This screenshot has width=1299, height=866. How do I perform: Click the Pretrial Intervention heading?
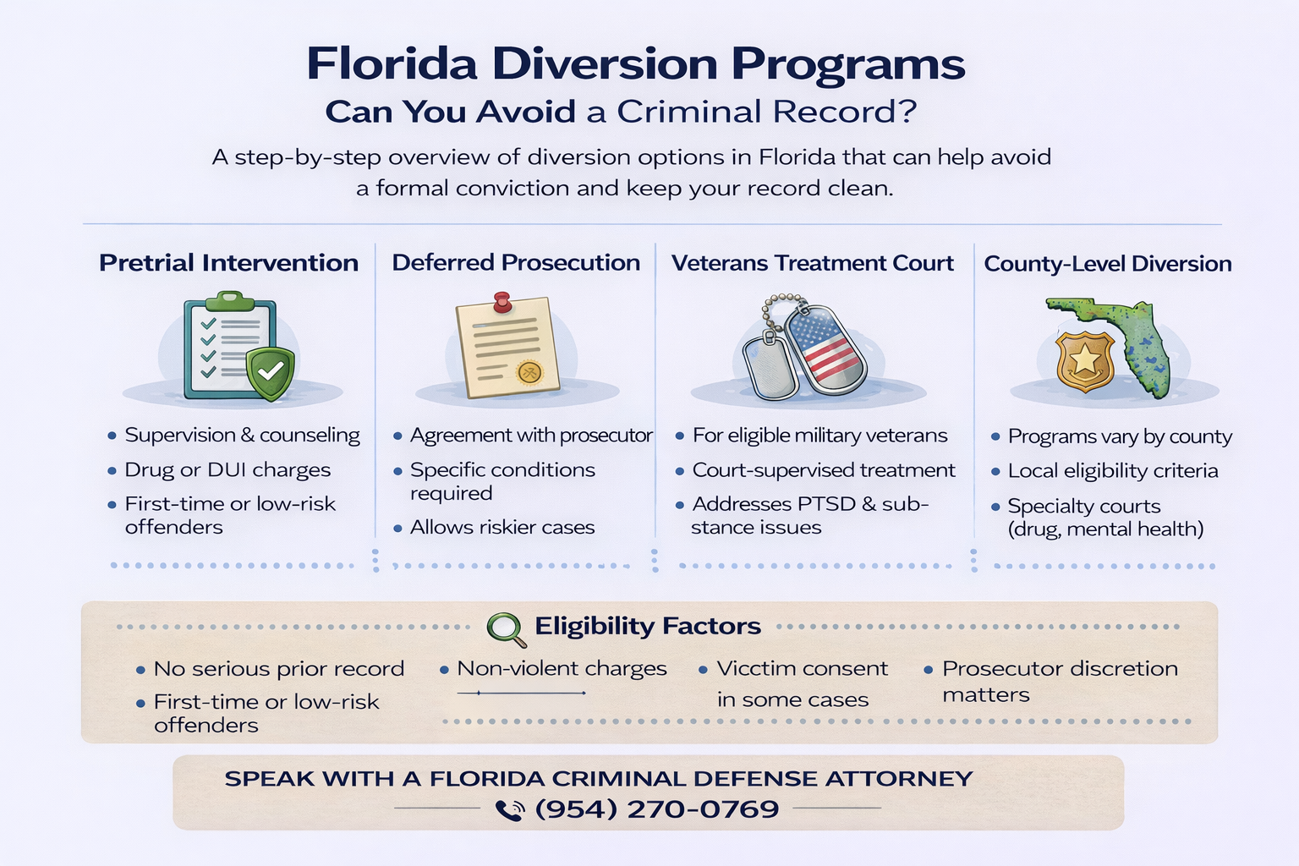[228, 263]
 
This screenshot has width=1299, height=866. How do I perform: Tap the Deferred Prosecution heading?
[516, 263]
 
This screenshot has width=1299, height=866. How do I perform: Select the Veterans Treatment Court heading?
[812, 264]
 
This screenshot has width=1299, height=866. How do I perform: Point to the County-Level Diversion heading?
[1107, 264]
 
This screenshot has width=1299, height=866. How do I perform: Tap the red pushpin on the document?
[502, 302]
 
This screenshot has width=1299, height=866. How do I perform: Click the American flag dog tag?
[825, 350]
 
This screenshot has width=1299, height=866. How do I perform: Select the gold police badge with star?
[1084, 360]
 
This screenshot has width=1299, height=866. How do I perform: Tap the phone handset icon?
[509, 810]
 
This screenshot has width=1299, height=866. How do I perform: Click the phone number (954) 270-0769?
[657, 809]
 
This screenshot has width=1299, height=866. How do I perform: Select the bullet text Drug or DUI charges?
[227, 470]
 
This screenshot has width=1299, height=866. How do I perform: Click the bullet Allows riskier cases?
[502, 528]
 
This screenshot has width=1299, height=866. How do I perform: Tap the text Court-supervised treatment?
[824, 470]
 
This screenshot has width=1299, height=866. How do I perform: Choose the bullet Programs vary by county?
[1120, 437]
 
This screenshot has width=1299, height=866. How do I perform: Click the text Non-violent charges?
[562, 669]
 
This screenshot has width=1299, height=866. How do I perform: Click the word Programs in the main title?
[847, 64]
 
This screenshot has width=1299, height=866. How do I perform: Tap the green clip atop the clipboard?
[229, 299]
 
